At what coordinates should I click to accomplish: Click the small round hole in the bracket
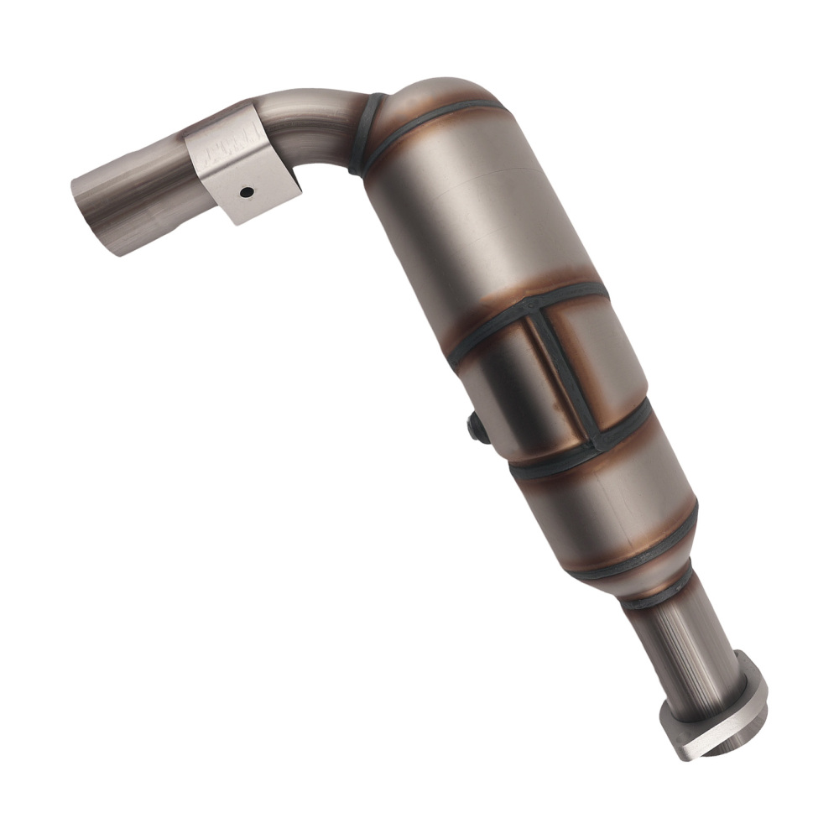[246, 192]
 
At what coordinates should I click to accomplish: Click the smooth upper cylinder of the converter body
[470, 210]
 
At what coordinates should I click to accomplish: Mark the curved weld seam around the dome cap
[436, 117]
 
